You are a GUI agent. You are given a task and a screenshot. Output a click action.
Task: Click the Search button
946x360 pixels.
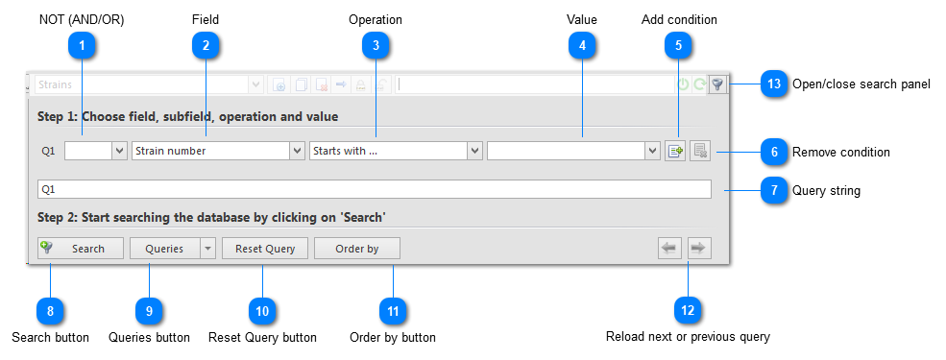point(81,249)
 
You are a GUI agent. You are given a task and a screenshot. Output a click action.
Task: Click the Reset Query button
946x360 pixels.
point(265,249)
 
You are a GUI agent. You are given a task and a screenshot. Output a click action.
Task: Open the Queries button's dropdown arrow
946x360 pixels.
point(207,249)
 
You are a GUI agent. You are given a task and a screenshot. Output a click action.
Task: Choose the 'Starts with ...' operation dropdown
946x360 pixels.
point(396,151)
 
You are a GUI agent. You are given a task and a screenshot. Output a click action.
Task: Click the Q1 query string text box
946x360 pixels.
point(374,189)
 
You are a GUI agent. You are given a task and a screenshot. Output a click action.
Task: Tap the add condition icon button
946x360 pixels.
point(675,151)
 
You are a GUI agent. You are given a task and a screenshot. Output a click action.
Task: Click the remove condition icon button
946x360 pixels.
point(699,151)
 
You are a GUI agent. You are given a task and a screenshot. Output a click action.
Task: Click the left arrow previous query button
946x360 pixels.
point(669,249)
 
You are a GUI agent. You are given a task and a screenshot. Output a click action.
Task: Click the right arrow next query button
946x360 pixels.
point(699,249)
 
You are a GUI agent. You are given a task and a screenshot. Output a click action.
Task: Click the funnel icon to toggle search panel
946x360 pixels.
point(717,84)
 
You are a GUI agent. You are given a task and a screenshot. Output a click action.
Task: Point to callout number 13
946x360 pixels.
point(774,84)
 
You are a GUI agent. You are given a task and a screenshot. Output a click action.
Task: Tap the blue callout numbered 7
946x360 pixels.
point(774,190)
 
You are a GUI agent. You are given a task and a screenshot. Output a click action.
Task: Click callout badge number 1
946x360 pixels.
point(82,44)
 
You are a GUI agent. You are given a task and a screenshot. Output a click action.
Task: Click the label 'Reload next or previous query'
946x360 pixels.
point(688,337)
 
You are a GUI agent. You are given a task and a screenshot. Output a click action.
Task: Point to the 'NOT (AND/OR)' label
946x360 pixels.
point(82,19)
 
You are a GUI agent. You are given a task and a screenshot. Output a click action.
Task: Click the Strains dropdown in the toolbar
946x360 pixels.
point(149,84)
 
